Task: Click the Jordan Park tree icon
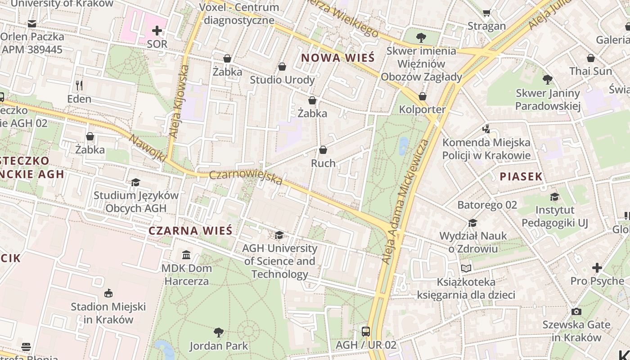coord(218,333)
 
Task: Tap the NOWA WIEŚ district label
coord(337,58)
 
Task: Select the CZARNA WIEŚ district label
coord(190,231)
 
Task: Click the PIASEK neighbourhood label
coord(521,176)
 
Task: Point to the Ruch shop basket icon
coord(323,150)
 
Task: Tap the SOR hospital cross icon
coord(157,31)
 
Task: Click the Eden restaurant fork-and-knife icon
coord(79,85)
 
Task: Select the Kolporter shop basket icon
coord(422,96)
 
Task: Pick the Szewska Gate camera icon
coord(576,311)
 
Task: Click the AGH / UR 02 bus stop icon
coord(366,332)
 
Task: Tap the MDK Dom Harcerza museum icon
coord(186,255)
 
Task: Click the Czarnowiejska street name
coord(246,177)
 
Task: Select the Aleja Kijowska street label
coord(178,101)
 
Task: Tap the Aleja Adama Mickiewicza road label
coord(404,201)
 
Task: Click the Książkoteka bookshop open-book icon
coord(466,269)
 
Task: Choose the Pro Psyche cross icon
coord(597,268)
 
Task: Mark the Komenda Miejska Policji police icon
coord(486,129)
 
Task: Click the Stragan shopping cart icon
coord(486,13)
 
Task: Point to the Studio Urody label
coord(282,80)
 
